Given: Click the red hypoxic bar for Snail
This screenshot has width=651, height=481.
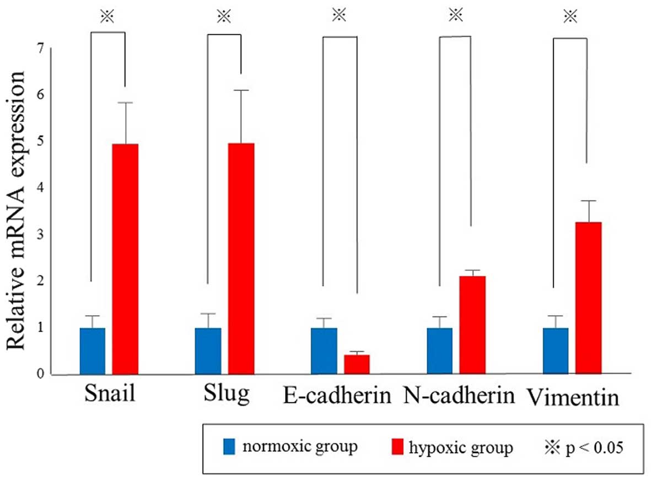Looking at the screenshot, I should (x=125, y=259).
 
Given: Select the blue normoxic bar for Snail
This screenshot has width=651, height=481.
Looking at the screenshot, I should (x=92, y=351).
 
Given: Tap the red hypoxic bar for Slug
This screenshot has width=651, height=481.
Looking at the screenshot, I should (x=241, y=259).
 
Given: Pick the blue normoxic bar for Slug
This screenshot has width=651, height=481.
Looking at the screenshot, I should (x=208, y=351).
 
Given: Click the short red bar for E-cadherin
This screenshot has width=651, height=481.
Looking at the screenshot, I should (x=357, y=364).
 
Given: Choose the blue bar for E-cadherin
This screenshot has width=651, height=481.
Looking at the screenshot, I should (x=324, y=351).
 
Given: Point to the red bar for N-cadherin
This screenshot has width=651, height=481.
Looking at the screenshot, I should (x=472, y=325).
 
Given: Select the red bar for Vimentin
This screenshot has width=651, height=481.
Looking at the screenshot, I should (x=588, y=298).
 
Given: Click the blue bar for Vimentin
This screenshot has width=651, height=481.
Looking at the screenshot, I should (x=555, y=351).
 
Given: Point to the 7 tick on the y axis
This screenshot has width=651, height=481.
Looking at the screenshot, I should (x=39, y=49).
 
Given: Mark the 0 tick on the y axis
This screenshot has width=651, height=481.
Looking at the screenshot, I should (x=39, y=375).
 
